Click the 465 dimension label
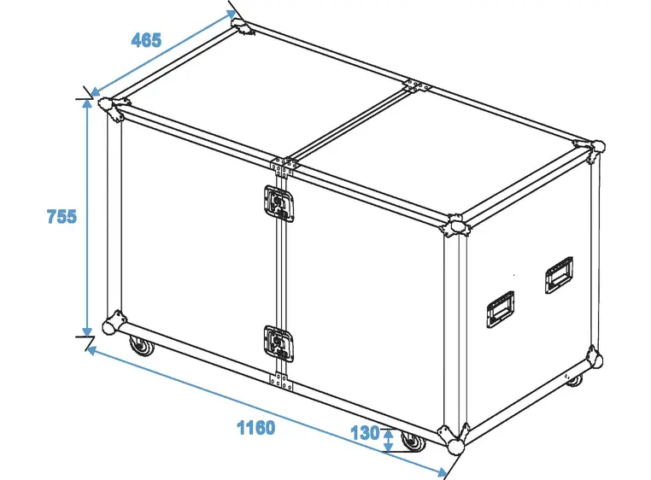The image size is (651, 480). point(146,40)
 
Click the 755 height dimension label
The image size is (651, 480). point(62,217)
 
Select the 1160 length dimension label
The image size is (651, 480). point(255,427)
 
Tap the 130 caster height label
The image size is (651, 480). point(365,433)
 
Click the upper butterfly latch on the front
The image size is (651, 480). point(277,203)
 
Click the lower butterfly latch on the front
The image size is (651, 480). point(277,342)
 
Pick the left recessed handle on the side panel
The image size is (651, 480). point(500,309)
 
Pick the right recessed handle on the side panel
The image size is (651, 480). point(559,275)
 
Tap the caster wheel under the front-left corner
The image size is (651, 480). point(138,347)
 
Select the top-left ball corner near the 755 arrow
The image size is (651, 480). point(111,108)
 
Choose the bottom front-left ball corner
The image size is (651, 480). point(112,327)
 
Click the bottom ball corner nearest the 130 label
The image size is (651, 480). point(453,441)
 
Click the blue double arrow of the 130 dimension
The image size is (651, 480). point(389,440)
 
